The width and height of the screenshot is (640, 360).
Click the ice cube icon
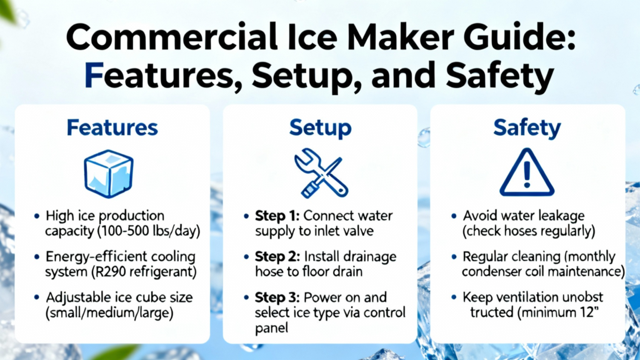click(x=109, y=174)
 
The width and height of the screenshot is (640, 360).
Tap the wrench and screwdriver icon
click(x=321, y=173)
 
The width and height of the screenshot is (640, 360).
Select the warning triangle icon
click(x=527, y=172)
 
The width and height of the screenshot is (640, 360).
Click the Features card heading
click(x=112, y=127)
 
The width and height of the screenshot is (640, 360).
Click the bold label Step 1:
click(x=277, y=216)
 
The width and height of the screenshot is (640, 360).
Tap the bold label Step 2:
click(x=277, y=257)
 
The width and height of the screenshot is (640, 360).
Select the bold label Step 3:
click(x=277, y=297)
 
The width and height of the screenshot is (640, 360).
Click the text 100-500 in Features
click(x=125, y=231)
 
